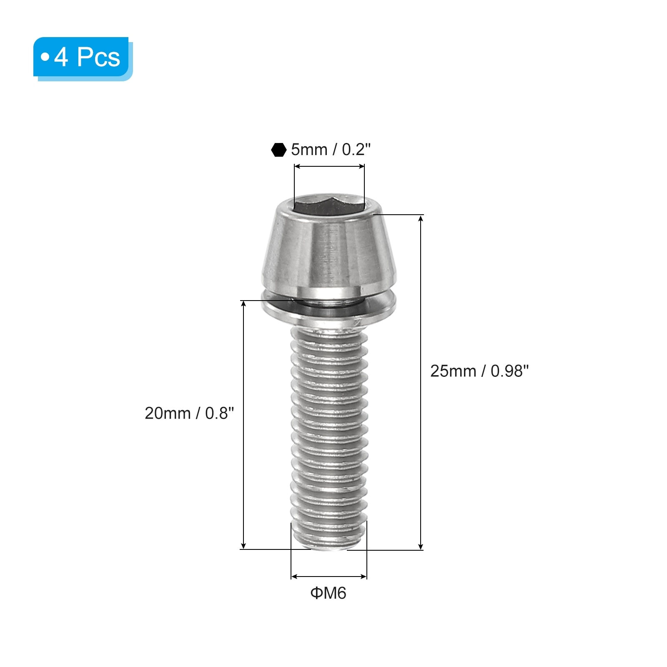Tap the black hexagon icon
[278, 150]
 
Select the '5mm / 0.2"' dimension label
[331, 150]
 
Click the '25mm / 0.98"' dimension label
[479, 371]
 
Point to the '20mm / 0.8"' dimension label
[189, 413]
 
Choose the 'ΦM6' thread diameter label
[328, 593]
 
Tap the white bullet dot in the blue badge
[45, 57]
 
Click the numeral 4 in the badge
[61, 57]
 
